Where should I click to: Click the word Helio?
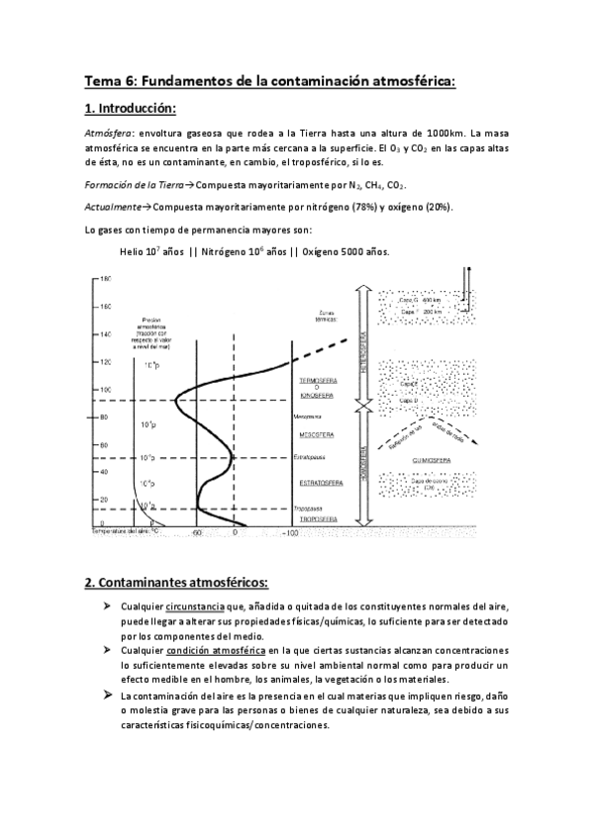pos(132,251)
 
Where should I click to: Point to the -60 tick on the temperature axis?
pos(197,532)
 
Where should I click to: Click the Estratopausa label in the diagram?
pos(310,457)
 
